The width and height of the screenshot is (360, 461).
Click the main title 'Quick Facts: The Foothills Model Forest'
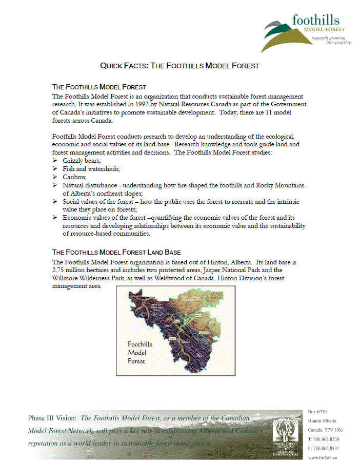179,66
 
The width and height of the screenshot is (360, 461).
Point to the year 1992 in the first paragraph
145,104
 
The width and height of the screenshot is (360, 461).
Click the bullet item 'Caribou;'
74,177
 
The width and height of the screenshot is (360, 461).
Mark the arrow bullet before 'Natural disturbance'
55,185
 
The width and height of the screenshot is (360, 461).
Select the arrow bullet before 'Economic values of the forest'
55,218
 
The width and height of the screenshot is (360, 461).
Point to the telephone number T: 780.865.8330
324,439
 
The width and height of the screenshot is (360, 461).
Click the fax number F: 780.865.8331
324,448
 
